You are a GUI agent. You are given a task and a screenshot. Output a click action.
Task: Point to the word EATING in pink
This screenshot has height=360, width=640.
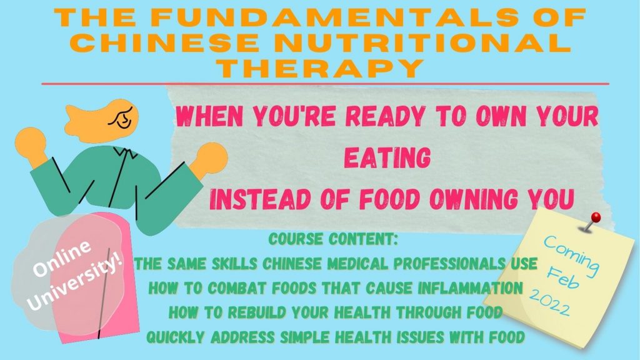click(x=387, y=157)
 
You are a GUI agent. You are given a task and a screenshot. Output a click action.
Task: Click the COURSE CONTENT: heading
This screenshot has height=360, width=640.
click(x=334, y=239)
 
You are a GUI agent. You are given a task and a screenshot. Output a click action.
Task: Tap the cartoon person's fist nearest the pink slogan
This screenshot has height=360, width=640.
click(x=211, y=157)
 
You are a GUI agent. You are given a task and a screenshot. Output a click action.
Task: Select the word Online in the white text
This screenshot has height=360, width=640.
click(x=62, y=258)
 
